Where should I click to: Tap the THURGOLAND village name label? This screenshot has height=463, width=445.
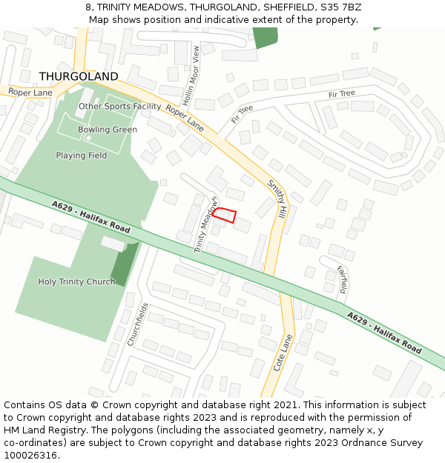coord(78,77)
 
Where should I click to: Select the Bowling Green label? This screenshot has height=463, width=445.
coord(108,130)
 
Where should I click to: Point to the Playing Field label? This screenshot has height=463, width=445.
coord(82,156)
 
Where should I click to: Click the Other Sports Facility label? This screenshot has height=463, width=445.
coord(119,107)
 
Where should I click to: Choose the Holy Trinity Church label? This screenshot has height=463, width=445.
coord(76,282)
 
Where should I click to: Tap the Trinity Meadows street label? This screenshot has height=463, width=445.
coord(207,225)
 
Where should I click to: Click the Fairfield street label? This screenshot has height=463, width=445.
coord(342,281)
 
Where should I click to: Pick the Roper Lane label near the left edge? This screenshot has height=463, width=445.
coord(30,93)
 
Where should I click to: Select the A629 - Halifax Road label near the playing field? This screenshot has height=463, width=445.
coord(91,217)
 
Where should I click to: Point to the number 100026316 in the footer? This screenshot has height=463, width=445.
coord(30,456)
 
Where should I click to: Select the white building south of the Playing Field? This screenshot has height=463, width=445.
coord(113,244)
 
